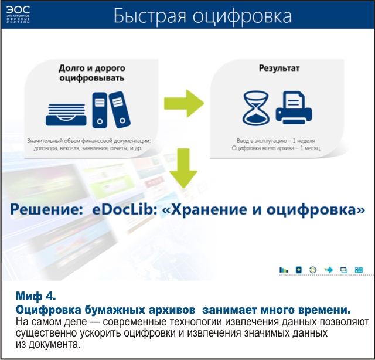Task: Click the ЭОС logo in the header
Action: [x=18, y=14]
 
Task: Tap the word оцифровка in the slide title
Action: [x=242, y=16]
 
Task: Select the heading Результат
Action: [x=279, y=68]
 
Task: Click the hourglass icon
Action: [x=256, y=108]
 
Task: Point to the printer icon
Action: [x=294, y=108]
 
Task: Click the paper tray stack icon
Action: [x=66, y=114]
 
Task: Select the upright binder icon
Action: [x=100, y=110]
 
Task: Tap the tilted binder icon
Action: [x=120, y=110]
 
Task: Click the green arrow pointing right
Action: [x=184, y=104]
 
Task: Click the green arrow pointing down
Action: [x=183, y=168]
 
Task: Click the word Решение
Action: [x=45, y=210]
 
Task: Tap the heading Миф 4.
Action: [x=36, y=296]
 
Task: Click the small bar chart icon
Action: [x=284, y=270]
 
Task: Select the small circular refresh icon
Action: [x=313, y=270]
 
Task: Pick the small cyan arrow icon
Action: [x=328, y=270]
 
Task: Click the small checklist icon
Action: [x=359, y=270]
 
